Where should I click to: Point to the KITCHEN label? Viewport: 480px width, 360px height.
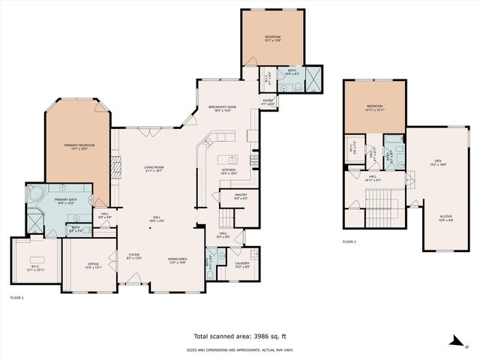[229, 170]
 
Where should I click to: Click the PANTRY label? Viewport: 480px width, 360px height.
[241, 196]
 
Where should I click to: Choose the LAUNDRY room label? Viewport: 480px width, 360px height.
[242, 262]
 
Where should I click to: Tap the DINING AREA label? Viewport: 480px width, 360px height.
[177, 259]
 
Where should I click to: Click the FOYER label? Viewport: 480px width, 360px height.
[133, 255]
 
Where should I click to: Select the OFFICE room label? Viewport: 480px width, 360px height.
[93, 263]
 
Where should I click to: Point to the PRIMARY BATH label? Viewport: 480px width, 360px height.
[64, 199]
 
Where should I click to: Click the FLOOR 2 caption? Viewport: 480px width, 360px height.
[349, 242]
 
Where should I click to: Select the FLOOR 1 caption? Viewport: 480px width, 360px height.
[16, 298]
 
